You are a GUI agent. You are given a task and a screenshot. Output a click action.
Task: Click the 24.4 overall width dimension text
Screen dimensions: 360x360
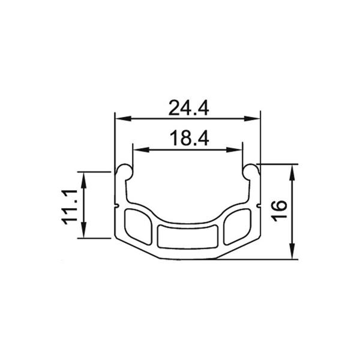point(188,109)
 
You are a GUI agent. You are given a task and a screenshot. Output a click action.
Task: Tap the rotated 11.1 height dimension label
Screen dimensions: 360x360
point(71,205)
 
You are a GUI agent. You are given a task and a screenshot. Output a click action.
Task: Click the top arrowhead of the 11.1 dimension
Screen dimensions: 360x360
point(83,175)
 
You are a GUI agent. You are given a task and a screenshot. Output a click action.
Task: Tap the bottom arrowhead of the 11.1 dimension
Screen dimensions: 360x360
point(83,234)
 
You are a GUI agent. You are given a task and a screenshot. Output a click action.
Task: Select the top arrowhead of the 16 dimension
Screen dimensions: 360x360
point(293,167)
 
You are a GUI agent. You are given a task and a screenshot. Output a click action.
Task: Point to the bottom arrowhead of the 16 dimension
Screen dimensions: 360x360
point(293,256)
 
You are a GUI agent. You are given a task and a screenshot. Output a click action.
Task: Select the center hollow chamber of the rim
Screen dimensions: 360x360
point(188,236)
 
